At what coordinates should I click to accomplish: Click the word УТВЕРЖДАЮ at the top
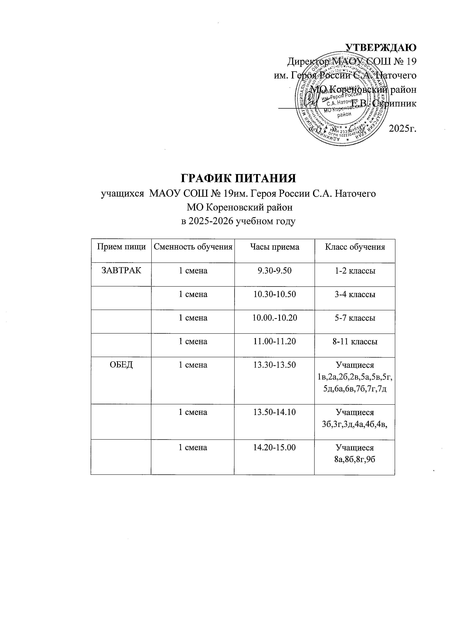tap(381, 48)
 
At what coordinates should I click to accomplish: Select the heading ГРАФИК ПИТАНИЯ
tap(238, 179)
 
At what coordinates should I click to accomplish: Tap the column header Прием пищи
tap(121, 247)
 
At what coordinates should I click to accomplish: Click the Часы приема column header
tap(274, 247)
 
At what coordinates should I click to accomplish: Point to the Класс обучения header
tap(355, 247)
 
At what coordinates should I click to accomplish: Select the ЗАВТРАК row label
tap(121, 271)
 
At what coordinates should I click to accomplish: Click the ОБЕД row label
tap(121, 365)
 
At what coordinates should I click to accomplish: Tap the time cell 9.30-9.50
tap(274, 271)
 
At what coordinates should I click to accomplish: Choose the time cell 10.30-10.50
tap(274, 294)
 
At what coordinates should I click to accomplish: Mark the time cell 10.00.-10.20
tap(274, 318)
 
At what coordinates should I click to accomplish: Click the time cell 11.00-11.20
tap(274, 341)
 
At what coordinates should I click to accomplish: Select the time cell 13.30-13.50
tap(274, 365)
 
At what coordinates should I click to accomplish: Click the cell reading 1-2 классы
tap(355, 271)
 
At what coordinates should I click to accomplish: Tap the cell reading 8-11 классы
tap(355, 341)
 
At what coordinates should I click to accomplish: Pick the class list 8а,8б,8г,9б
tap(355, 459)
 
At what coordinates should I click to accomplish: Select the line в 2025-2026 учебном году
tap(238, 221)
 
